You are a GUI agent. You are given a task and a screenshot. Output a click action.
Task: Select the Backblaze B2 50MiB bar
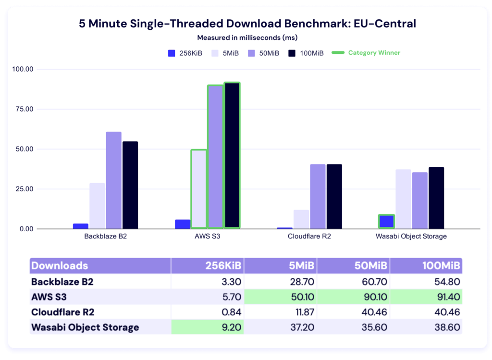point(114,180)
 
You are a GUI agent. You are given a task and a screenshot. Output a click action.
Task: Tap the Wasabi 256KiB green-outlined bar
point(386,222)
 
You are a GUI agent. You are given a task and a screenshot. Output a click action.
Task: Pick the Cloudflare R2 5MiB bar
point(301,219)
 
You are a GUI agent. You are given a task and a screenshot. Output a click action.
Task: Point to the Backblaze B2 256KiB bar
point(81,226)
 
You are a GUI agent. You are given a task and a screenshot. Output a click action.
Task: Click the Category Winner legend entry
point(374,53)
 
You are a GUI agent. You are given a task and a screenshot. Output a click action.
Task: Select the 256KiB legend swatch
point(172,53)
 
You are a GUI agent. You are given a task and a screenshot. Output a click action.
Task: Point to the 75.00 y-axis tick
point(24,109)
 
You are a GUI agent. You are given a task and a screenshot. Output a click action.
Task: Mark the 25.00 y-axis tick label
point(24,189)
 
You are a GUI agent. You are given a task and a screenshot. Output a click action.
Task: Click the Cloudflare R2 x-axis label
point(309,236)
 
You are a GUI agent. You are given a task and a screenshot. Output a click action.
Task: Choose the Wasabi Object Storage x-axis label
point(411,236)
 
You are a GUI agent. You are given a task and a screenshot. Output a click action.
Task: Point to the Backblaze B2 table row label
point(62,282)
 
